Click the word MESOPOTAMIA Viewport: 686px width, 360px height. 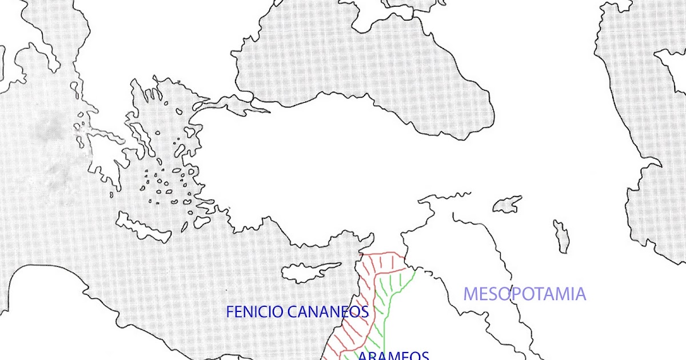524,294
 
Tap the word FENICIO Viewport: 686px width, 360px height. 251,312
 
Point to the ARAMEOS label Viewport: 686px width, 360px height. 393,355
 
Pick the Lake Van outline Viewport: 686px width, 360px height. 508,203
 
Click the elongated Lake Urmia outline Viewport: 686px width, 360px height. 561,236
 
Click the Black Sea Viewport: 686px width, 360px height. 366,63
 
